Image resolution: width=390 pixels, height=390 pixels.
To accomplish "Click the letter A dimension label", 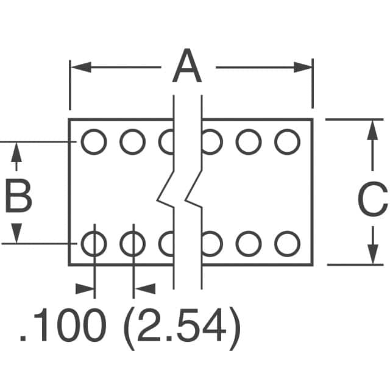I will click(x=186, y=68).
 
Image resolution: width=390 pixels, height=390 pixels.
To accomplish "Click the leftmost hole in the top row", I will click(x=94, y=143).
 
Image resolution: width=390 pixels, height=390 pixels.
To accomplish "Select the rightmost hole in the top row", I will click(x=287, y=143).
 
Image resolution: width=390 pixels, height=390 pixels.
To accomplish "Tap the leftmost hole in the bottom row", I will click(x=94, y=244).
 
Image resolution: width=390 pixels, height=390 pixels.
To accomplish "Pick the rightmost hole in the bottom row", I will click(x=287, y=244).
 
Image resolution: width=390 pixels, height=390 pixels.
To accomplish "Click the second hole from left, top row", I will click(x=132, y=143).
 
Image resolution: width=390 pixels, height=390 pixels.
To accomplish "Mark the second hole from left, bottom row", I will click(x=132, y=244).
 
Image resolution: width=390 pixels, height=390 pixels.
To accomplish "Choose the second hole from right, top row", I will click(x=249, y=143).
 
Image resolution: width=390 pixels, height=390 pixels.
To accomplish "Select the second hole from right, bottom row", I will click(x=249, y=244).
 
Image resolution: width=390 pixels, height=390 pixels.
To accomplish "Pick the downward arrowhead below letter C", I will click(x=372, y=254).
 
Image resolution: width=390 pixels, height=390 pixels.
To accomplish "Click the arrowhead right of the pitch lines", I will click(x=144, y=288).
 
